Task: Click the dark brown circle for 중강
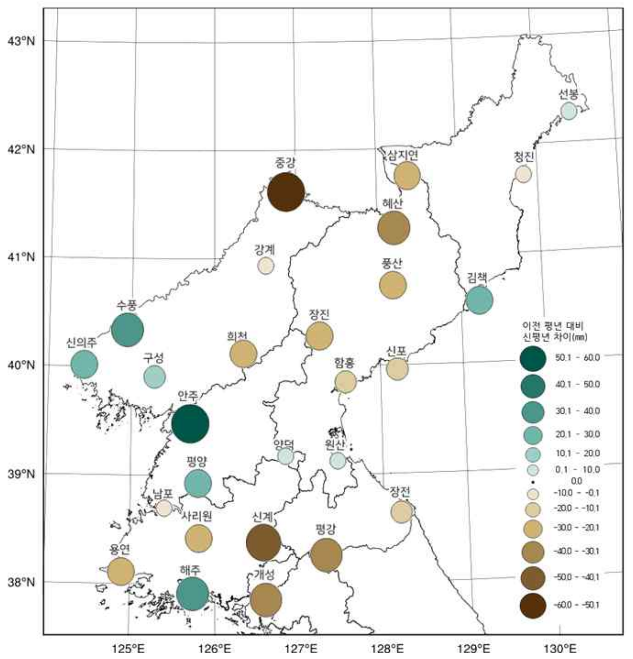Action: point(285,192)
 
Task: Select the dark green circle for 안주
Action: point(190,423)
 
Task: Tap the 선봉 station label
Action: point(568,94)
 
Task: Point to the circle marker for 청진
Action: point(523,174)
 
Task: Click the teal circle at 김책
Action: point(479,300)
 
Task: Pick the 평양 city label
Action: point(196,461)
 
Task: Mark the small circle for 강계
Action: point(266,266)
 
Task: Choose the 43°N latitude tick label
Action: point(21,41)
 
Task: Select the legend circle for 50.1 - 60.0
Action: point(533,358)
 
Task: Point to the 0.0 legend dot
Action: point(533,481)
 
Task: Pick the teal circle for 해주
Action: point(193,594)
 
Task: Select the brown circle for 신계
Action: point(264,543)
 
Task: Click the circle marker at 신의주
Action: point(84,365)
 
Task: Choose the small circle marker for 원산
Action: point(338,460)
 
